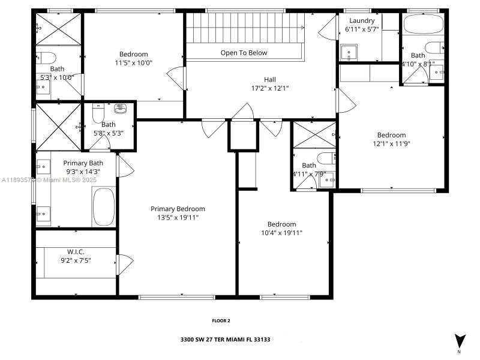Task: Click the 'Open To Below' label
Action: [x=244, y=53]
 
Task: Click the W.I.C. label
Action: [x=75, y=253]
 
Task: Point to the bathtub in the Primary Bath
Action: [x=104, y=207]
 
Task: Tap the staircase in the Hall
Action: [x=246, y=28]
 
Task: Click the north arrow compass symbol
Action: [x=460, y=340]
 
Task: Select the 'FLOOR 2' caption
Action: [x=221, y=320]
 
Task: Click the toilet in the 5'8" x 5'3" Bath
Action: [x=99, y=113]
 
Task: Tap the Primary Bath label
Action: [x=83, y=163]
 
